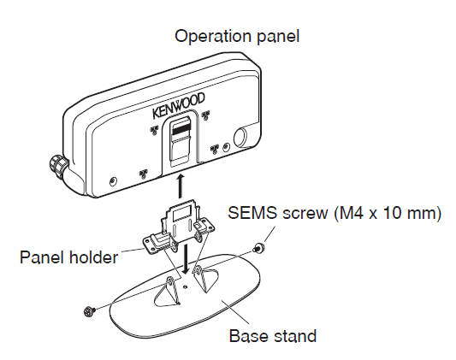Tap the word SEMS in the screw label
coord(248,213)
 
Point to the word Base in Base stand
coord(247,335)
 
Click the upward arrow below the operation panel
coord(178,185)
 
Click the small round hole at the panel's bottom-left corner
coord(113,180)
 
